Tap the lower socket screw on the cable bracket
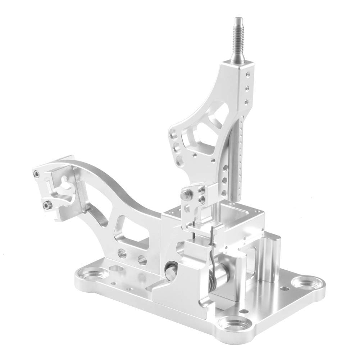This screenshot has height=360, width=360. pyautogui.click(x=47, y=205)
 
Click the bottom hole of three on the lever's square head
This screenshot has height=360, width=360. pyautogui.click(x=246, y=102)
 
